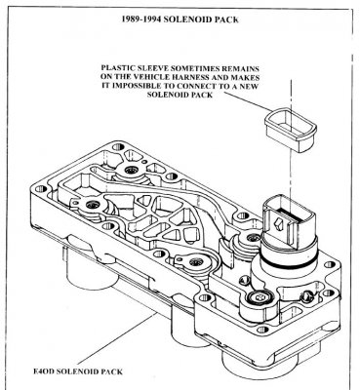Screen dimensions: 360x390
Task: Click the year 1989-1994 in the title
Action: point(141,19)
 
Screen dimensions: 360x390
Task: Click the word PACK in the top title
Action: point(226,19)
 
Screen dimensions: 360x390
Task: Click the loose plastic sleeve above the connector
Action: point(291,130)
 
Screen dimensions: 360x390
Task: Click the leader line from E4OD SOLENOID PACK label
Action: point(117,338)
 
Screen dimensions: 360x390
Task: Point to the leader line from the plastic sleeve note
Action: point(247,102)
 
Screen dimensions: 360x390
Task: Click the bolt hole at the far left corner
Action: point(40,188)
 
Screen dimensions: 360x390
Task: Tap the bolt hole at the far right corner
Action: point(329,265)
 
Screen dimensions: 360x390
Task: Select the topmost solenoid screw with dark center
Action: point(132,170)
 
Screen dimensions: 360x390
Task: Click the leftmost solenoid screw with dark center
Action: point(93,205)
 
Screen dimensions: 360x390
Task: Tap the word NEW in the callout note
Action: point(250,86)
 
